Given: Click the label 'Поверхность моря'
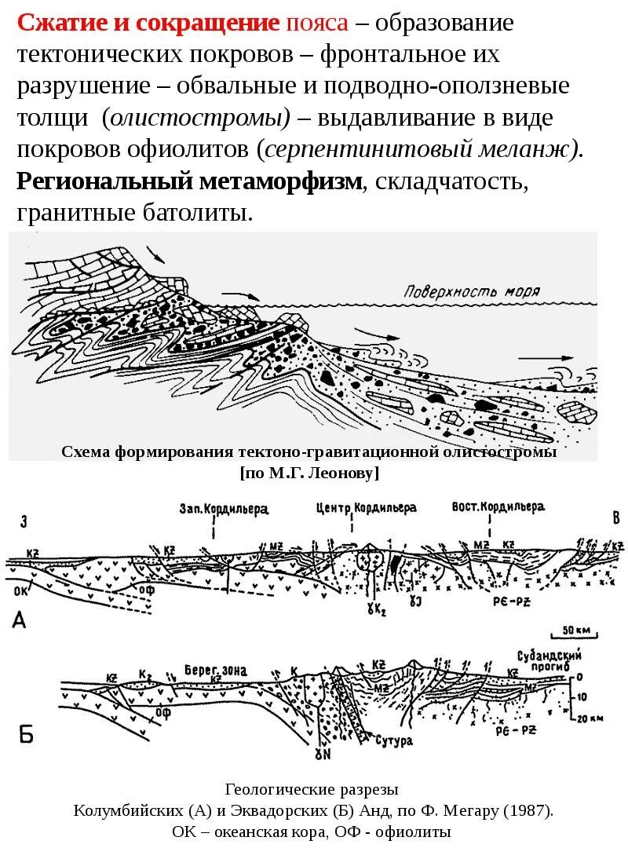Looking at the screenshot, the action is point(472,291).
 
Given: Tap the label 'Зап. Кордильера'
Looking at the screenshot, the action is point(224,509).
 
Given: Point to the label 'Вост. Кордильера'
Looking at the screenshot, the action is point(498,507).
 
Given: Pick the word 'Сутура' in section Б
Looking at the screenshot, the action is point(393,740).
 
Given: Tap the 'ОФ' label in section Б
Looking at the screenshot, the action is point(162,712).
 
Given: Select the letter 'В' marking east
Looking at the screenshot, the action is point(616,517).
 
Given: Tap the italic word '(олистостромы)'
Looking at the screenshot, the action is point(195,118).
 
